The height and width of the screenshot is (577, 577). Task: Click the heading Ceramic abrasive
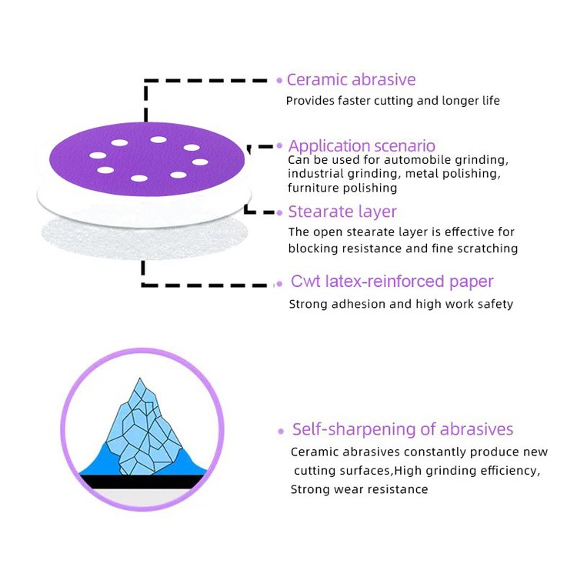tap(351, 80)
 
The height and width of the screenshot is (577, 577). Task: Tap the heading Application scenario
tap(362, 145)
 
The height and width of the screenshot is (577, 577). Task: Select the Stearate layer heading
tap(342, 212)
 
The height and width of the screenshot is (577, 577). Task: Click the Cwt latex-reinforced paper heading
tap(392, 282)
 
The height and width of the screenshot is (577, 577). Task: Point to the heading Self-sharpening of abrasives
tap(402, 429)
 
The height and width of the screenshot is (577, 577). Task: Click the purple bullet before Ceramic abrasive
tap(279, 80)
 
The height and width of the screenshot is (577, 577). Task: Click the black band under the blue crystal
tap(143, 482)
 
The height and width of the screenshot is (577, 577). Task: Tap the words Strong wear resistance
tap(359, 489)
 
